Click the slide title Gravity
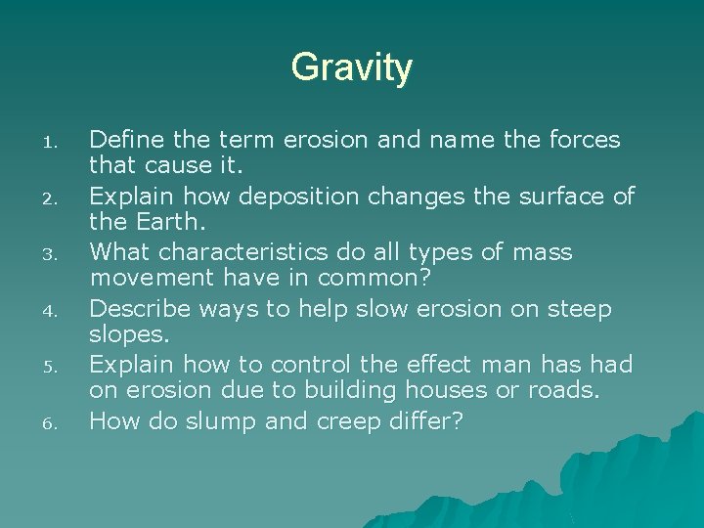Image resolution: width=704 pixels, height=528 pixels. click(351, 68)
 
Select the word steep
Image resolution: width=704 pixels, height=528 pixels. click(579, 310)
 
